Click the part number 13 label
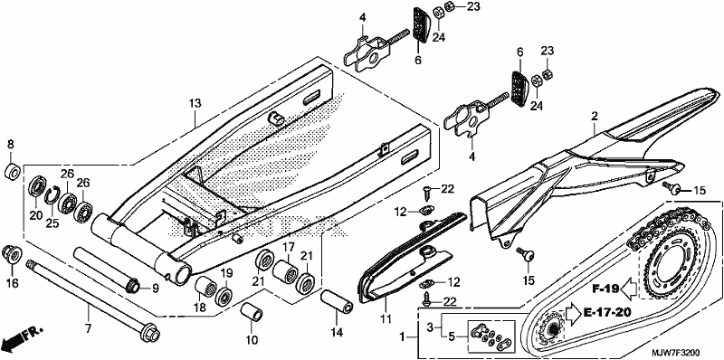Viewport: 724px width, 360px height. pos(195,103)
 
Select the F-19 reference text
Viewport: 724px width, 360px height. pos(605,289)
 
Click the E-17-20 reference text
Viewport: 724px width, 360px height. pos(607,312)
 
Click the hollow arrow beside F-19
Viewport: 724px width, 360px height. pos(629,289)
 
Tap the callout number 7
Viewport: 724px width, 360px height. pos(88,328)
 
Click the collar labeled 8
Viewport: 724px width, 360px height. pos(13,172)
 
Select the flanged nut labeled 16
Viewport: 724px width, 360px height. pos(12,255)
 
